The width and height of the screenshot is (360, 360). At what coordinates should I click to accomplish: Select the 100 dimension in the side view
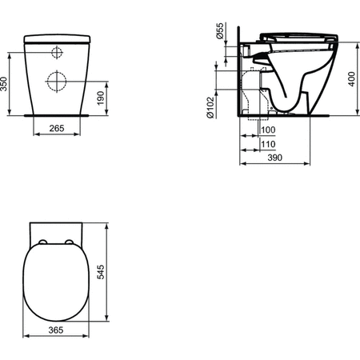pyautogui.click(x=267, y=130)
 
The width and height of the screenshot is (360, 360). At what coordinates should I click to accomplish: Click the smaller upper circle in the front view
pyautogui.click(x=57, y=53)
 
